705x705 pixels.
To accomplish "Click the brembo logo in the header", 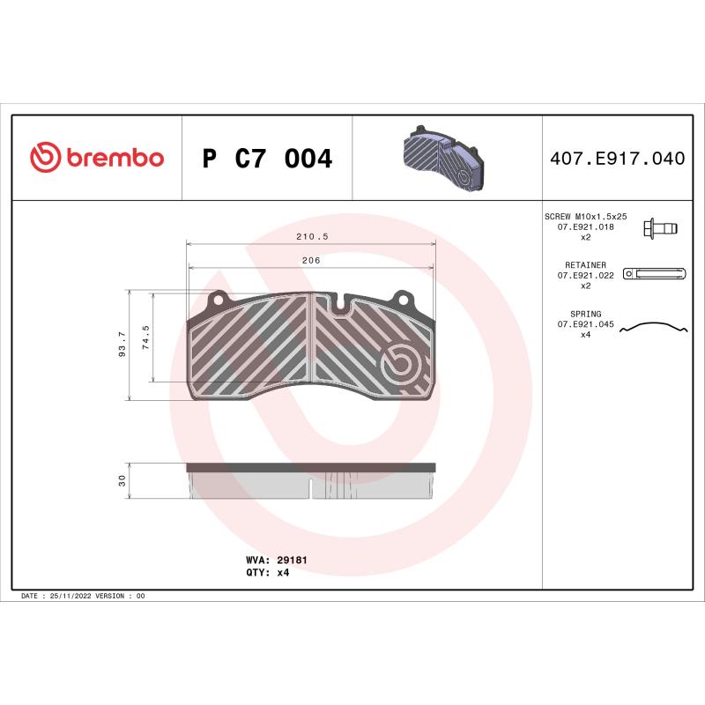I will [97, 158].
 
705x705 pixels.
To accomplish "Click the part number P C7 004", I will [267, 159].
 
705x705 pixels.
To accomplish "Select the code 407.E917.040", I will [617, 159].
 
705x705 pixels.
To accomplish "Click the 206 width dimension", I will [310, 261].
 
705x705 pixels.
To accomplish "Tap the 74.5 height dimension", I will [146, 338].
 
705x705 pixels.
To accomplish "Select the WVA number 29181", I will [292, 560].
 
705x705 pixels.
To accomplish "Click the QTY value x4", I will [283, 572].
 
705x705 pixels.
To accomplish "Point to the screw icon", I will [660, 228].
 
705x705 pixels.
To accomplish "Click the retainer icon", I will [653, 274].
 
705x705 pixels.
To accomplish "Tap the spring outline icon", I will [653, 328].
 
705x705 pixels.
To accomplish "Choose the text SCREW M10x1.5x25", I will [585, 216].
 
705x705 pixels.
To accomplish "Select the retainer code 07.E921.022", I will [585, 275].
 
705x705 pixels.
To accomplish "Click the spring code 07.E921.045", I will [585, 324].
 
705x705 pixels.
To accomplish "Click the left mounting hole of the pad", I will [217, 299].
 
